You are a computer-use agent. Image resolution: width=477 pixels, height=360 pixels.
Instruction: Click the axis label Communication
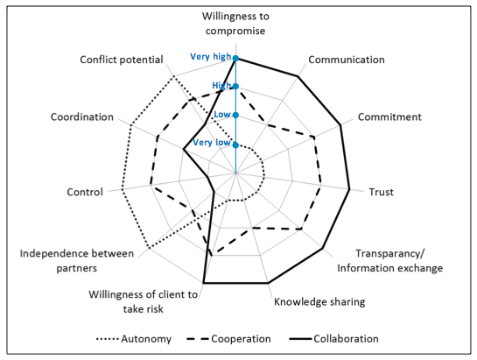pyautogui.click(x=347, y=60)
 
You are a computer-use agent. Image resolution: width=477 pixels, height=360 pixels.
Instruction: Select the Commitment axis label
pyautogui.click(x=389, y=117)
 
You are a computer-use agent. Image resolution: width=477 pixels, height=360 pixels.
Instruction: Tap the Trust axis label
pyautogui.click(x=382, y=192)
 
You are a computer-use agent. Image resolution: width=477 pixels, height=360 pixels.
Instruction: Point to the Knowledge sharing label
pyautogui.click(x=319, y=301)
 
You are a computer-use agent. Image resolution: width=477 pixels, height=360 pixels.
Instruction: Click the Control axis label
pyautogui.click(x=85, y=192)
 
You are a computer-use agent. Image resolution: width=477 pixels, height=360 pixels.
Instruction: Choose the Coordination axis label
pyautogui.click(x=82, y=117)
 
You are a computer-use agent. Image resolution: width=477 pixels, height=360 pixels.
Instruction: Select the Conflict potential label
pyautogui.click(x=122, y=60)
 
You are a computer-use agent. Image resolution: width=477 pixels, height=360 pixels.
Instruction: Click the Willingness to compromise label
pyautogui.click(x=235, y=23)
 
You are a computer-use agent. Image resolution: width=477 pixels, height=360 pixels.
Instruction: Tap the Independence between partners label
pyautogui.click(x=77, y=261)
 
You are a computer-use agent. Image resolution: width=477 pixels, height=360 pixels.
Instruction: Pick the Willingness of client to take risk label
pyautogui.click(x=143, y=301)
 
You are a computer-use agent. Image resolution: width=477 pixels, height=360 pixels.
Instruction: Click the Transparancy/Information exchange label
pyautogui.click(x=389, y=261)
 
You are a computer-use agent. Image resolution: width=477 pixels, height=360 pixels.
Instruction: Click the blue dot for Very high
pyautogui.click(x=235, y=58)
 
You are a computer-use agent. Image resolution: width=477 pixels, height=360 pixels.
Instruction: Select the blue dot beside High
pyautogui.click(x=235, y=87)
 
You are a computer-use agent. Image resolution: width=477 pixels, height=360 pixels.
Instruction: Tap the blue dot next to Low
pyautogui.click(x=235, y=115)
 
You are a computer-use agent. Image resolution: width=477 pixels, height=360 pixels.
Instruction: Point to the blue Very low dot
pyautogui.click(x=235, y=145)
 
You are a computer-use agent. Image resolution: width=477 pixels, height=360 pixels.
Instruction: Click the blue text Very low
pyautogui.click(x=212, y=142)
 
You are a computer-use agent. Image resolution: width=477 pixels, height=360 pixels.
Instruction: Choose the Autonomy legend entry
pyautogui.click(x=134, y=339)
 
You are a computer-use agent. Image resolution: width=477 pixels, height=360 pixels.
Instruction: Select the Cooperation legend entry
pyautogui.click(x=228, y=339)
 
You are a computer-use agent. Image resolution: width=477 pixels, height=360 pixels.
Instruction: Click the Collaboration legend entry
pyautogui.click(x=333, y=339)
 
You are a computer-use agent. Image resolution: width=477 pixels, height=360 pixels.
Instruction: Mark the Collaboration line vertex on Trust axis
pyautogui.click(x=349, y=189)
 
